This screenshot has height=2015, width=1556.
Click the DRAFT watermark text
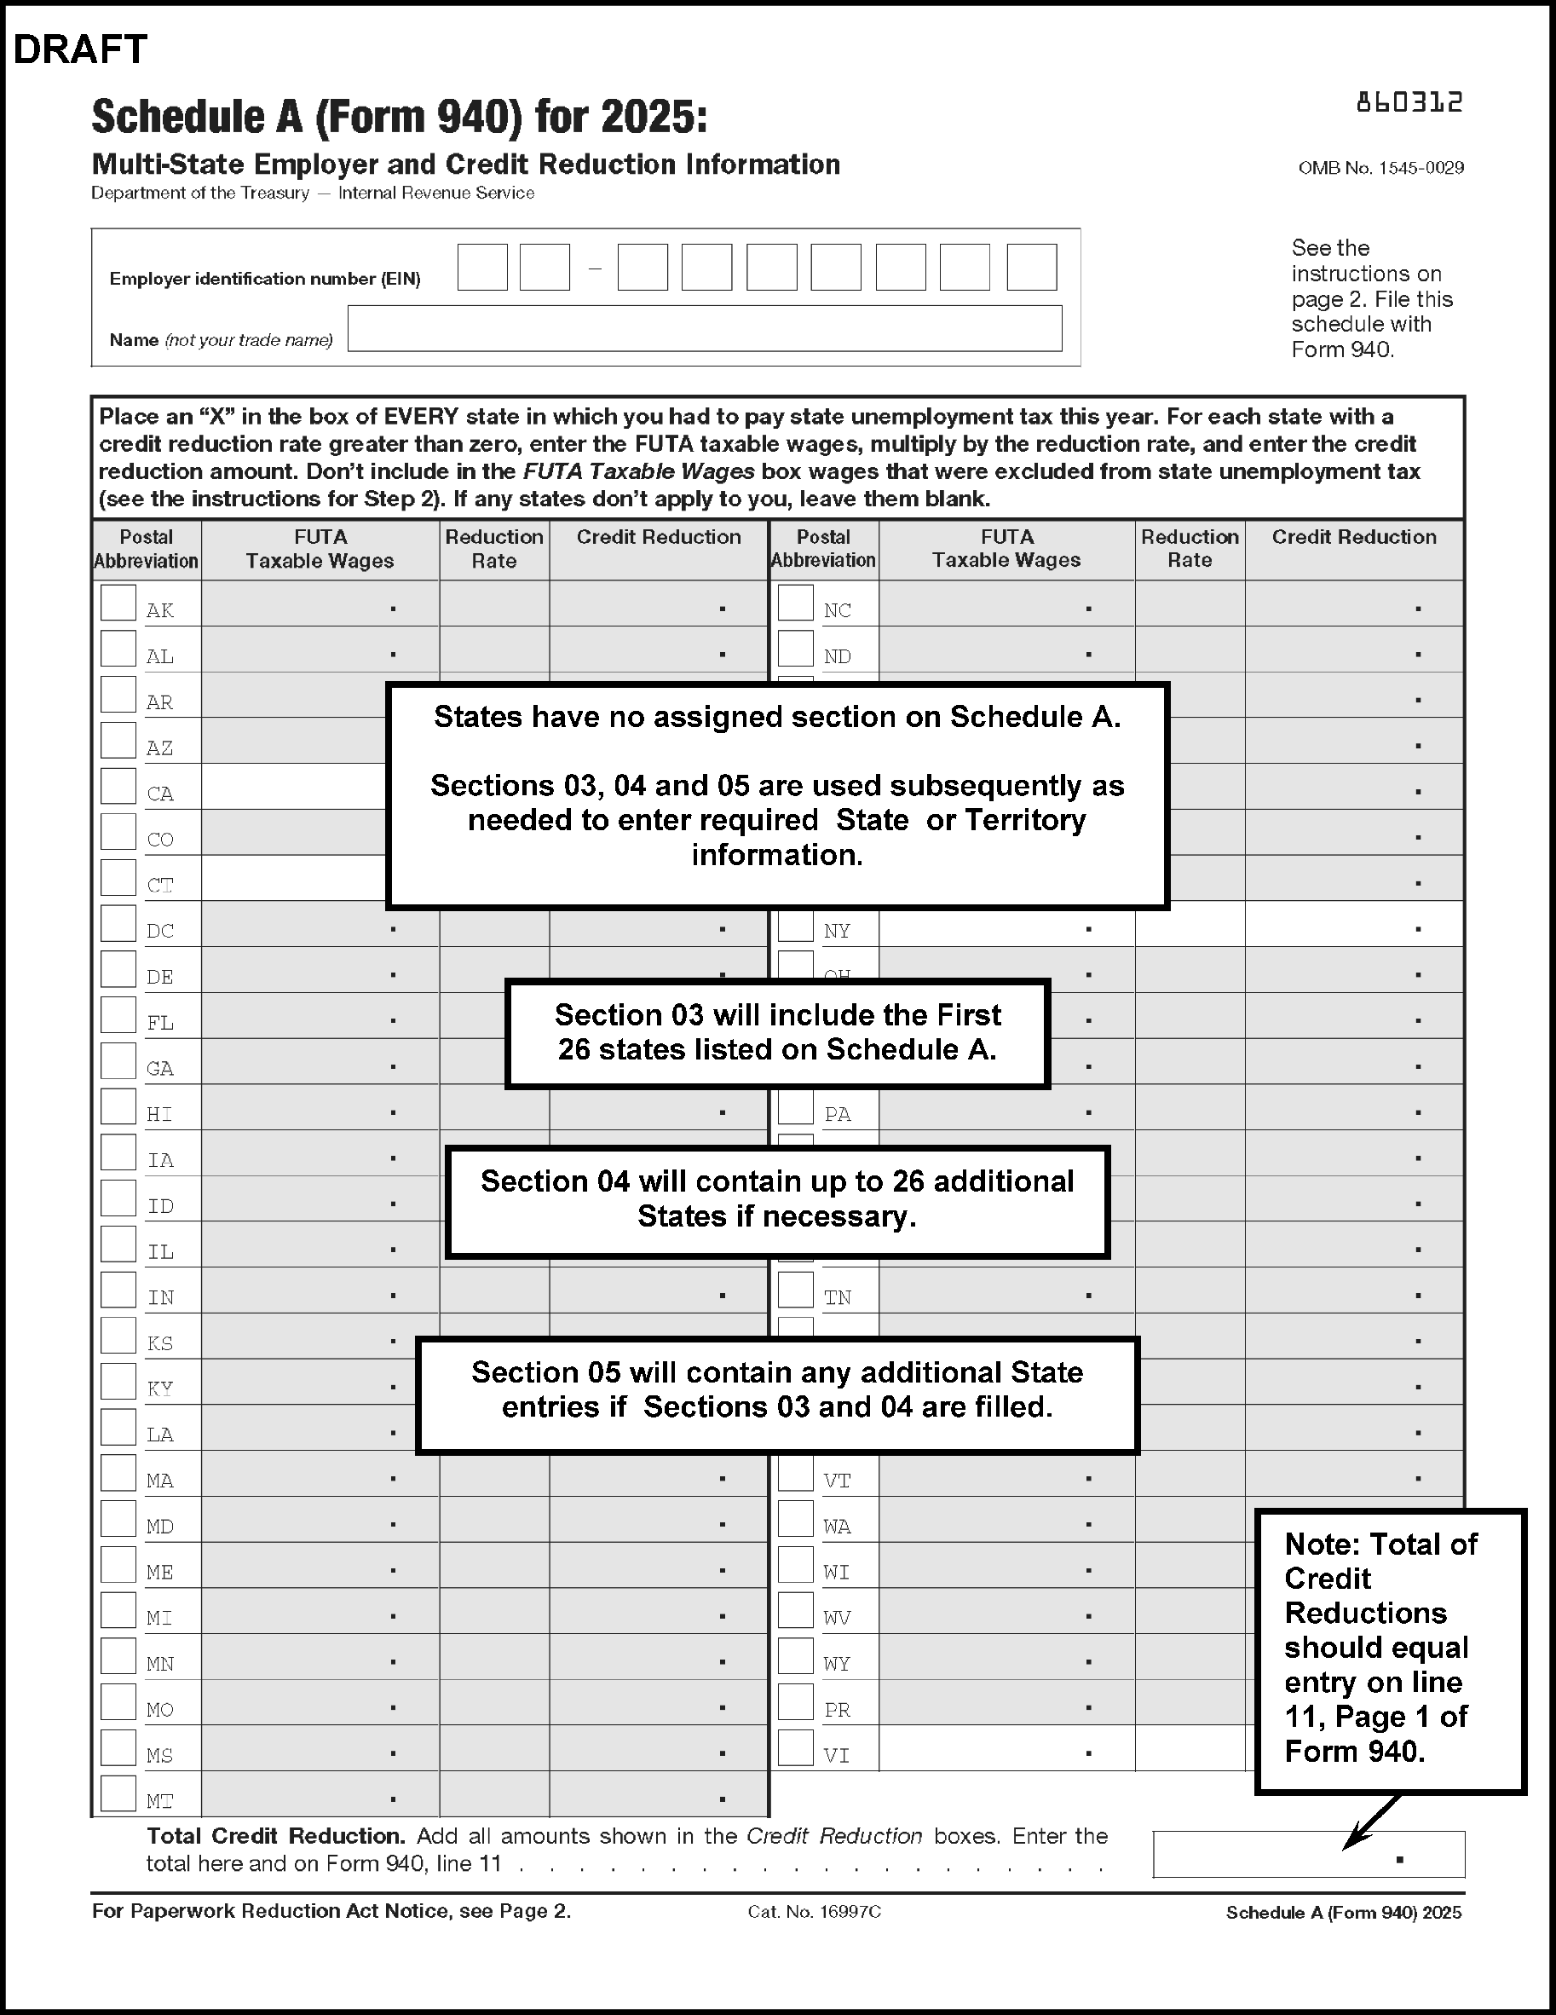[x=80, y=49]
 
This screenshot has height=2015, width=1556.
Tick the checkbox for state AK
[x=118, y=603]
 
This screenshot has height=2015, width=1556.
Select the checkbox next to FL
[x=118, y=1015]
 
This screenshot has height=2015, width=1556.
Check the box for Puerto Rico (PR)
[x=795, y=1702]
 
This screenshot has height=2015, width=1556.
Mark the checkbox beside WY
[x=795, y=1656]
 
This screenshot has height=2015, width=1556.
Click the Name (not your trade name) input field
[x=705, y=328]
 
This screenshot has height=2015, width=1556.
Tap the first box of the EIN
[x=482, y=268]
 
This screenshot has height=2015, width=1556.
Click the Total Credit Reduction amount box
[x=1308, y=1854]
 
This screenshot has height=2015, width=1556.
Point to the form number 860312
[x=1409, y=102]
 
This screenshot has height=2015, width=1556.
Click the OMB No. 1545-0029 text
[x=1380, y=168]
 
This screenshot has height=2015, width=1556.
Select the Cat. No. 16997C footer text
[x=815, y=1912]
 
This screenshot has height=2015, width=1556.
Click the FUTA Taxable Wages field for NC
[x=1006, y=604]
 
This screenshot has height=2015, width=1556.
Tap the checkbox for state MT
[x=118, y=1793]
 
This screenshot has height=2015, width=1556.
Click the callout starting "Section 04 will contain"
[x=777, y=1202]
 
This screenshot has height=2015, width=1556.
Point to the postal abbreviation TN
[x=838, y=1298]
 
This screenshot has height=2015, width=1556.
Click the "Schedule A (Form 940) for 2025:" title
[x=400, y=117]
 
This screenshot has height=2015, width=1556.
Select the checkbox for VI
[x=795, y=1747]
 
